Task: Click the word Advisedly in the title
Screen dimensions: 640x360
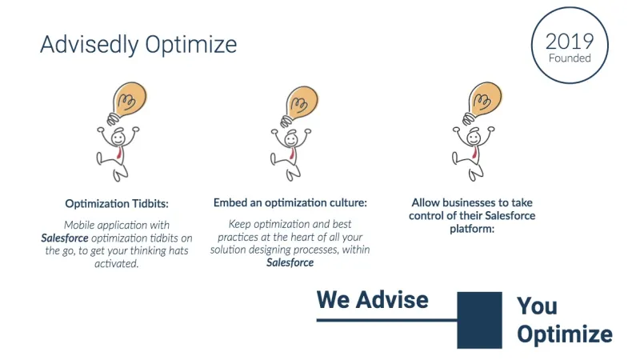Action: click(90, 45)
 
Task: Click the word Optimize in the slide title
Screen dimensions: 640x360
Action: click(191, 45)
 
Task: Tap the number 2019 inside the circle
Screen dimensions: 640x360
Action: click(570, 42)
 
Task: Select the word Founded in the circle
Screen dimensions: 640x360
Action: click(570, 58)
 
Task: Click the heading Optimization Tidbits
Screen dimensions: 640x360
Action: click(117, 204)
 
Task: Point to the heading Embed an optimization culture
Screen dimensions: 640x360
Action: click(290, 203)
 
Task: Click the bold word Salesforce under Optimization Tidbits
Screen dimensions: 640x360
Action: click(65, 238)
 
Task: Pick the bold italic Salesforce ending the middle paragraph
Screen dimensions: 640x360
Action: click(290, 262)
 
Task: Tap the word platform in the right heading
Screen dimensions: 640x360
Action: click(472, 229)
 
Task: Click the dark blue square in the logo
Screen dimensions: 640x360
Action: click(479, 320)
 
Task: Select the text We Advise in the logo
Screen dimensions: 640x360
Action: click(373, 300)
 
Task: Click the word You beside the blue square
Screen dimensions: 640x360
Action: click(537, 306)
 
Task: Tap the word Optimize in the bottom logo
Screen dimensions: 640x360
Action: click(565, 334)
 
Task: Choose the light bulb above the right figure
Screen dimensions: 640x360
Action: click(482, 102)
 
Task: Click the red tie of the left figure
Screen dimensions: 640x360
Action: click(119, 153)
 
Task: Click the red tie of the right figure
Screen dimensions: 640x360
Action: click(474, 153)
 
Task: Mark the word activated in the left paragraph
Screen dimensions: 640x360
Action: click(117, 264)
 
